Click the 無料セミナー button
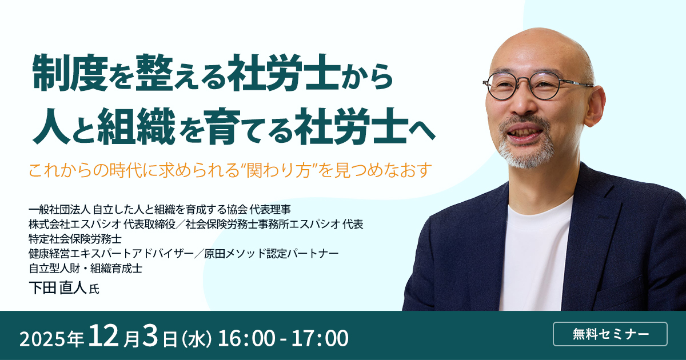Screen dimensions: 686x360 click(x=610, y=334)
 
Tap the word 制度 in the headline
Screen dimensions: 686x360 click(x=70, y=73)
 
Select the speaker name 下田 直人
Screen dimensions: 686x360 click(x=58, y=288)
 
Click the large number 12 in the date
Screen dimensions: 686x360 click(x=103, y=336)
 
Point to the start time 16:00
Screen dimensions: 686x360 click(x=246, y=338)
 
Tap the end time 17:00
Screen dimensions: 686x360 click(x=320, y=338)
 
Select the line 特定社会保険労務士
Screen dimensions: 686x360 click(x=75, y=239)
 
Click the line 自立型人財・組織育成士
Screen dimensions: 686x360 click(x=85, y=268)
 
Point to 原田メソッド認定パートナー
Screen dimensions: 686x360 click(x=272, y=254)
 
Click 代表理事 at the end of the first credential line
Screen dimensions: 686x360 click(x=270, y=209)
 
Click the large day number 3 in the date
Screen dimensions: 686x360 click(x=150, y=336)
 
